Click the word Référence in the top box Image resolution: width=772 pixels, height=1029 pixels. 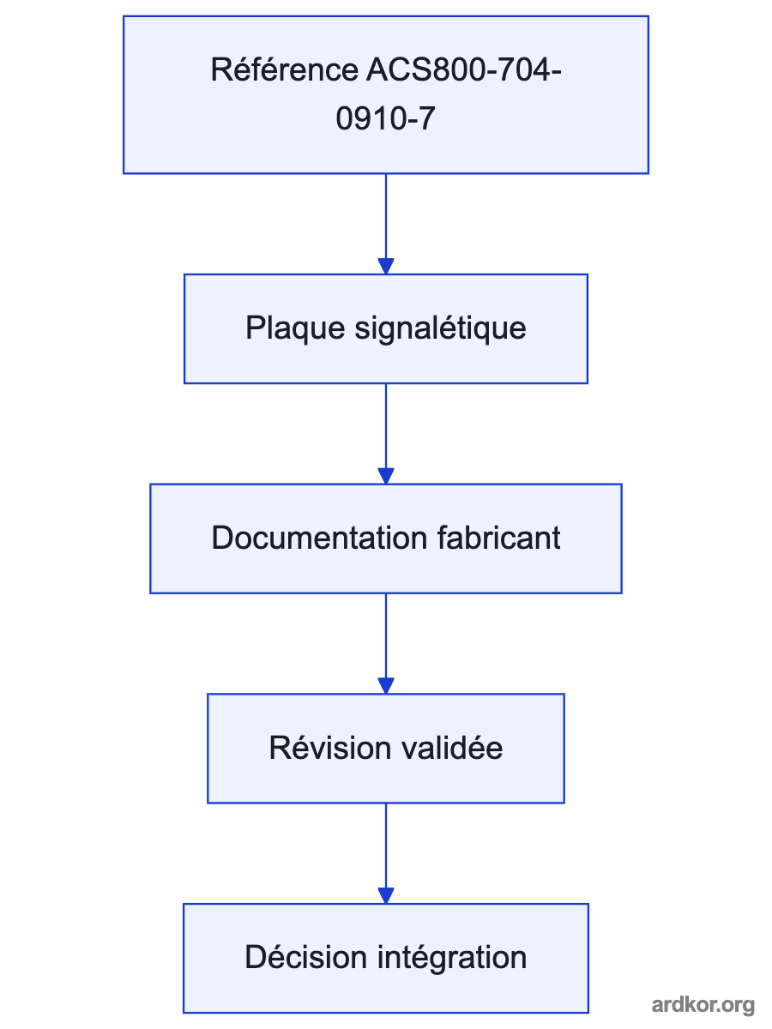click(x=285, y=69)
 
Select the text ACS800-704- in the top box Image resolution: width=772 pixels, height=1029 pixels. click(x=463, y=69)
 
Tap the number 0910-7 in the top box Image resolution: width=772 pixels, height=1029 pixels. click(x=386, y=118)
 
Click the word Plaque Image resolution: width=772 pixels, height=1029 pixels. click(x=295, y=328)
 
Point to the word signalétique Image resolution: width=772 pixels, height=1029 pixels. click(x=440, y=328)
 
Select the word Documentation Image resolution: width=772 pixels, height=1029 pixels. click(x=319, y=538)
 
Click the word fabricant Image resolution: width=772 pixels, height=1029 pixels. click(x=498, y=538)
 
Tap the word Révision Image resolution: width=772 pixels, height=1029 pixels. click(x=330, y=748)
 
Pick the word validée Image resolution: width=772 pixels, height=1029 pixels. click(x=452, y=748)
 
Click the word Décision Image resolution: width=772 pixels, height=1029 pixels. click(x=305, y=957)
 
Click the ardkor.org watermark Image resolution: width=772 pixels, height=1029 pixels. click(x=703, y=1004)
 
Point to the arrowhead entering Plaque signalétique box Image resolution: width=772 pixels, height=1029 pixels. click(x=386, y=267)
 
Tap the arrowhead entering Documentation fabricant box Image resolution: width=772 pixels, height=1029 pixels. click(x=386, y=476)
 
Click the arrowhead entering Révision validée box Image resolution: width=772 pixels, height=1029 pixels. click(x=386, y=685)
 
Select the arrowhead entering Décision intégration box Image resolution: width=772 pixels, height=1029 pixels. click(x=386, y=895)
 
